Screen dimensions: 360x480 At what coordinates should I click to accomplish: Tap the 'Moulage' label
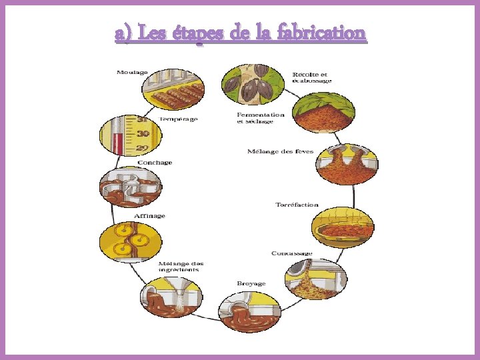[x=132, y=71]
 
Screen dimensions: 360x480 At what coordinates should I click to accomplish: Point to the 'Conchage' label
[x=155, y=163]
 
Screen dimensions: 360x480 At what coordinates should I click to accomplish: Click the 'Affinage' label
[x=149, y=216]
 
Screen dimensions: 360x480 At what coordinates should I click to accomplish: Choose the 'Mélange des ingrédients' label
[x=180, y=266]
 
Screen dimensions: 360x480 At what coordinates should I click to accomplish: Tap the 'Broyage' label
[x=251, y=283]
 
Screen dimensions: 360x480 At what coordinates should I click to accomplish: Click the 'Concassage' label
[x=292, y=253]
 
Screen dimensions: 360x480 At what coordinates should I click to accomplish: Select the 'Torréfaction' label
[x=297, y=205]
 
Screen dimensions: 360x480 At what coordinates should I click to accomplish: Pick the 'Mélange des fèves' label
[x=280, y=152]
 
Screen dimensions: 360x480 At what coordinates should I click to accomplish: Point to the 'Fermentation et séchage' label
[x=261, y=117]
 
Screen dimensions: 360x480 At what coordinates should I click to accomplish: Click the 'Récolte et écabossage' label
[x=311, y=77]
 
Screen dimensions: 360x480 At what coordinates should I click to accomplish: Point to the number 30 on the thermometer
[x=142, y=133]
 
